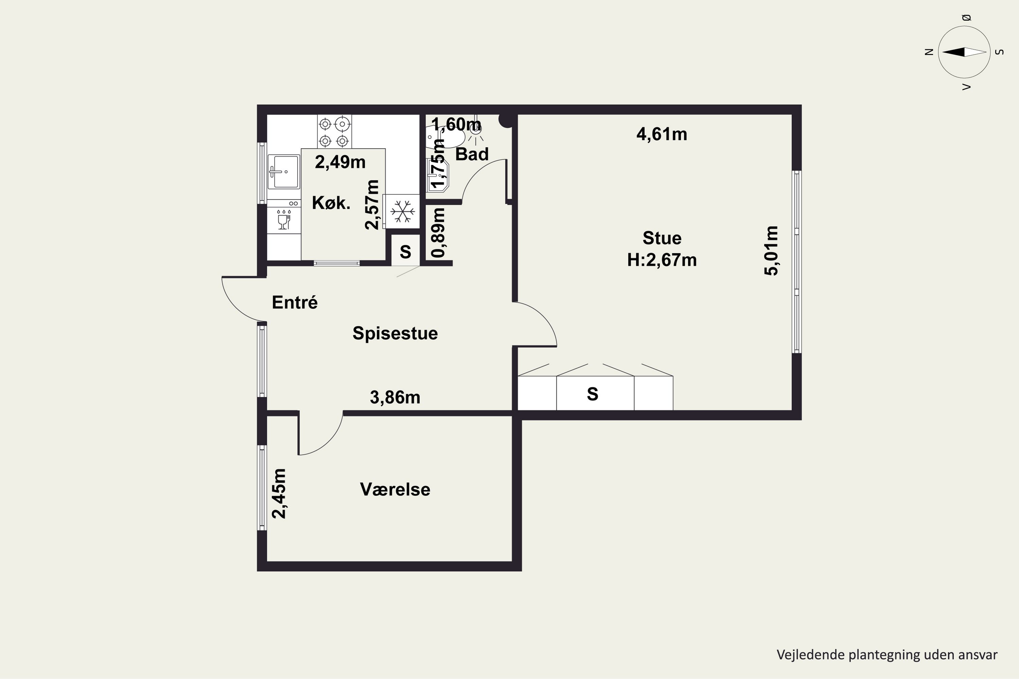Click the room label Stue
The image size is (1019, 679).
(x=662, y=238)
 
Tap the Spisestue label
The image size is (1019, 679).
(x=395, y=333)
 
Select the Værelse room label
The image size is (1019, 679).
(x=395, y=489)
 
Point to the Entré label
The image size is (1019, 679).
(x=294, y=302)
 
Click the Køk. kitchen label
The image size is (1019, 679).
(x=331, y=203)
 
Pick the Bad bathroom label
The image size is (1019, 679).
(x=472, y=154)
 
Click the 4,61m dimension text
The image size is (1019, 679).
(x=662, y=134)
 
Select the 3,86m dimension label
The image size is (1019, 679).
(x=395, y=397)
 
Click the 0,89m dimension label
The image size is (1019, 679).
(x=438, y=233)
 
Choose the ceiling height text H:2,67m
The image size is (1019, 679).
(x=662, y=260)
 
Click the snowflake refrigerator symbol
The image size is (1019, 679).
(x=403, y=211)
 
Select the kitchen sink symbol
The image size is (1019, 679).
(x=284, y=171)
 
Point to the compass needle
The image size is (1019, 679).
(x=964, y=52)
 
